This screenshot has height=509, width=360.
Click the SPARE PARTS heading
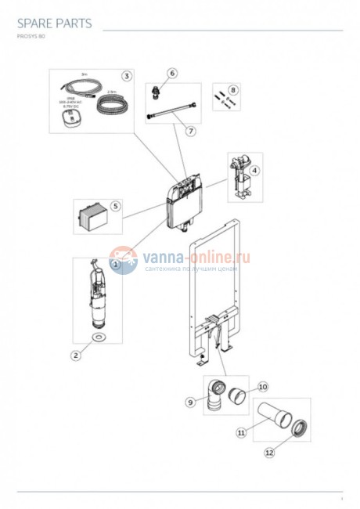(54, 23)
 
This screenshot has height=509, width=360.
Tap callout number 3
(125, 75)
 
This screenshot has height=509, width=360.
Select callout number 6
(172, 73)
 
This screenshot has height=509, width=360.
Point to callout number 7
(190, 132)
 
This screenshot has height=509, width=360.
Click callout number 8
(232, 90)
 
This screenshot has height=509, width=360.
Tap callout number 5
(115, 207)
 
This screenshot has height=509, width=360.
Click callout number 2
(76, 356)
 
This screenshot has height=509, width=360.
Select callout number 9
(189, 402)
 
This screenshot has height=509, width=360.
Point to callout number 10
(263, 387)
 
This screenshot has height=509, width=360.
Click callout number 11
(242, 431)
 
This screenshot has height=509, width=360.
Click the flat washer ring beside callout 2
(98, 338)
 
